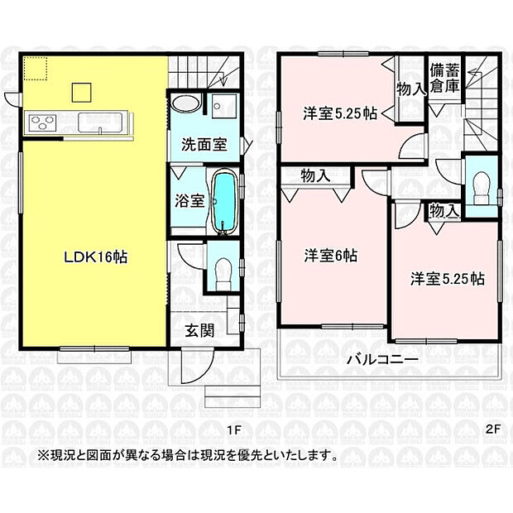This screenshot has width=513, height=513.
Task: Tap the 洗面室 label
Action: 204,144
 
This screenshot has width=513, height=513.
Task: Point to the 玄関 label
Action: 199,330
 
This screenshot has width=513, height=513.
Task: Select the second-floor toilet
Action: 481,189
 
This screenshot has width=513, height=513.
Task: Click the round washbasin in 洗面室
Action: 186,103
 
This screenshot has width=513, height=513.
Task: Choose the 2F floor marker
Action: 492,429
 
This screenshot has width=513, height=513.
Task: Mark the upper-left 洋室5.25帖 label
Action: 339,114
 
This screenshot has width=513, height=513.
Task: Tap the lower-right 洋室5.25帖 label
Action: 448,279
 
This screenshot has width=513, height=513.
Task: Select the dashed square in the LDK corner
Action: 36,69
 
